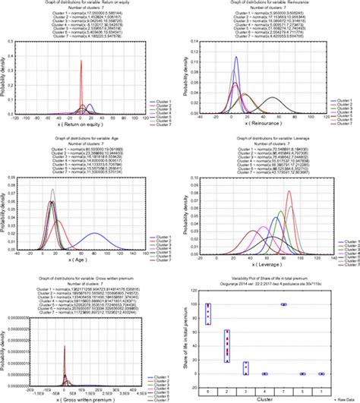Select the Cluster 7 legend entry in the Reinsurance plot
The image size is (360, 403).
coord(341,121)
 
